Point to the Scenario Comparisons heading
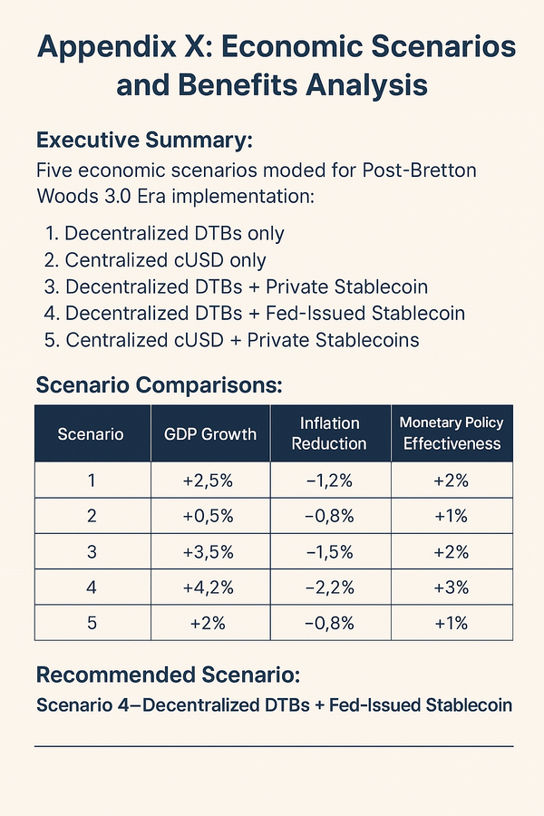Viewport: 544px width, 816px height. [159, 384]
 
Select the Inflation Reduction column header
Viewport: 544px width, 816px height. [330, 433]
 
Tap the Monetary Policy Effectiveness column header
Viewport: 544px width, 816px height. [452, 433]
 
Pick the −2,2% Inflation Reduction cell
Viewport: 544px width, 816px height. [330, 588]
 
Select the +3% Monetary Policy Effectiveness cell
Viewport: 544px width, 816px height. [452, 588]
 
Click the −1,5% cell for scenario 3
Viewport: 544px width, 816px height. [330, 552]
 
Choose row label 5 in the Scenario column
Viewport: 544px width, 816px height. [91, 623]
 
